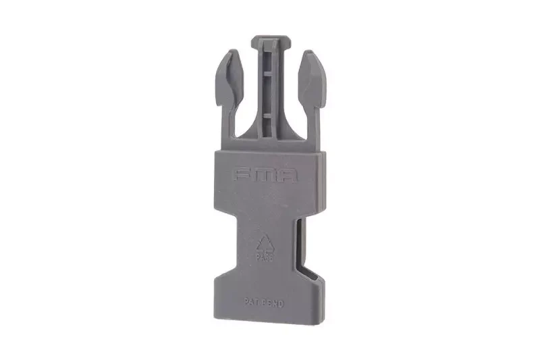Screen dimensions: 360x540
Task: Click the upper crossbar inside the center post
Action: coord(269,74)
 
